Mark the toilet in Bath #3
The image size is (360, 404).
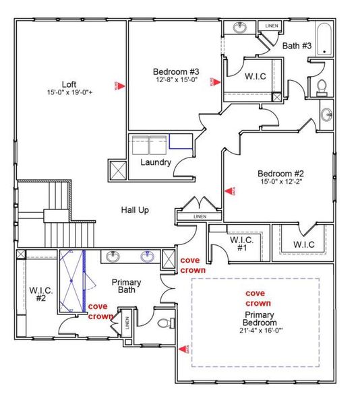tap(322, 87)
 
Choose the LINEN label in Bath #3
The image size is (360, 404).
tap(271, 26)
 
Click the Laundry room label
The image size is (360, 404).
tap(156, 162)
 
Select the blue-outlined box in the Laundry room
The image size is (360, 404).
tap(180, 141)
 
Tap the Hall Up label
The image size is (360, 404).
tap(135, 210)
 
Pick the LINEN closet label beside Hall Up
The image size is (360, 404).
tap(200, 217)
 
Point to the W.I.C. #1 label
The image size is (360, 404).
tap(241, 244)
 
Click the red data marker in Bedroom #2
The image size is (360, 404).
tap(228, 192)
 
